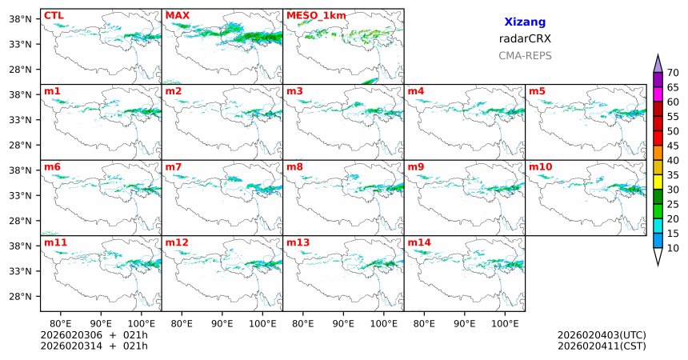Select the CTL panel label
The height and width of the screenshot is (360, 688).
click(x=54, y=15)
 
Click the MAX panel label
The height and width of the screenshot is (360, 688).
click(x=178, y=15)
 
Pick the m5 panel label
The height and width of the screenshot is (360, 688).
click(x=537, y=91)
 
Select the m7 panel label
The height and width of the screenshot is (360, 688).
click(x=174, y=166)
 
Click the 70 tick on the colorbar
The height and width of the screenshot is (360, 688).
click(x=674, y=72)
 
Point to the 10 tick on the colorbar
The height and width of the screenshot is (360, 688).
click(x=674, y=249)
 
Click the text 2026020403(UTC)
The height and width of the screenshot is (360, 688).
click(x=602, y=334)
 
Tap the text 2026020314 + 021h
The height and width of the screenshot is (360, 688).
click(x=94, y=346)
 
